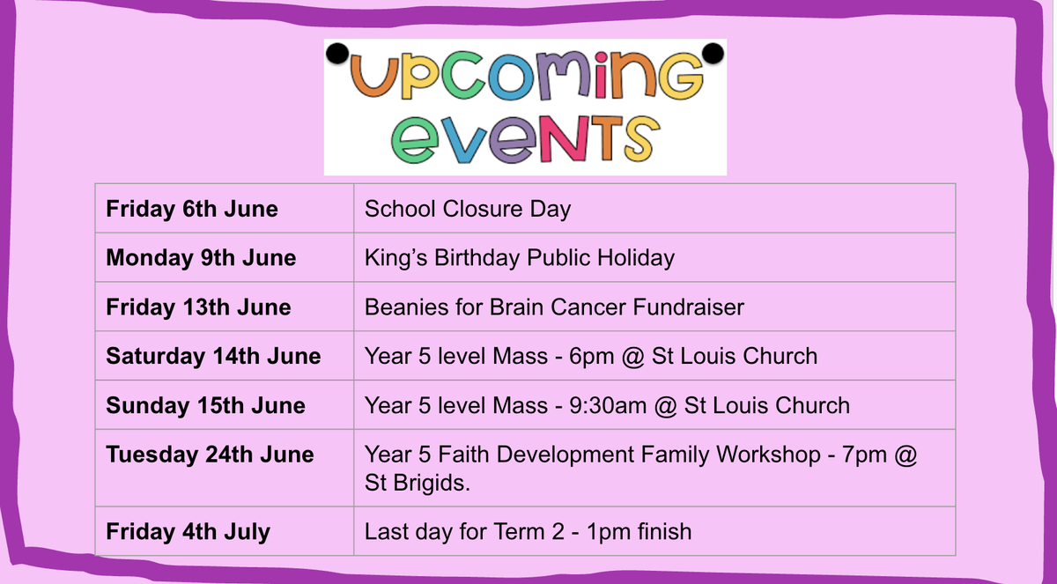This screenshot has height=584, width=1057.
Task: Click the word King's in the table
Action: pyautogui.click(x=395, y=258)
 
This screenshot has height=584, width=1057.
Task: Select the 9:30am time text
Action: pyautogui.click(x=608, y=406)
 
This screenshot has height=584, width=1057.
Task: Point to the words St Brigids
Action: pyautogui.click(x=418, y=483)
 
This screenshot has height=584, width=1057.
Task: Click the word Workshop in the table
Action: pyautogui.click(x=768, y=455)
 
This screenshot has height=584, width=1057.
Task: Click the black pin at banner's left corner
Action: pyautogui.click(x=336, y=54)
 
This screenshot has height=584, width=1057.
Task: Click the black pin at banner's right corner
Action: pyautogui.click(x=713, y=53)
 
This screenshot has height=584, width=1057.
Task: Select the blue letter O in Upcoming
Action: pyautogui.click(x=509, y=78)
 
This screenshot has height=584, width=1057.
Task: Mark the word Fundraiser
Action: pyautogui.click(x=689, y=307)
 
